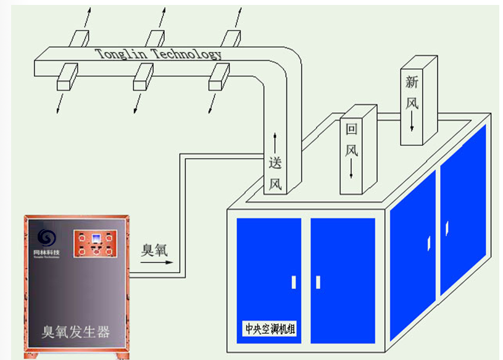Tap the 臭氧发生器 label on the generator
pos(75,332)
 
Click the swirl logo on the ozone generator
pos(46,237)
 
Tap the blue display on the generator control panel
pos(94,238)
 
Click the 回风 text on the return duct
pos(352,140)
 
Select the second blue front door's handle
pos(318,282)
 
